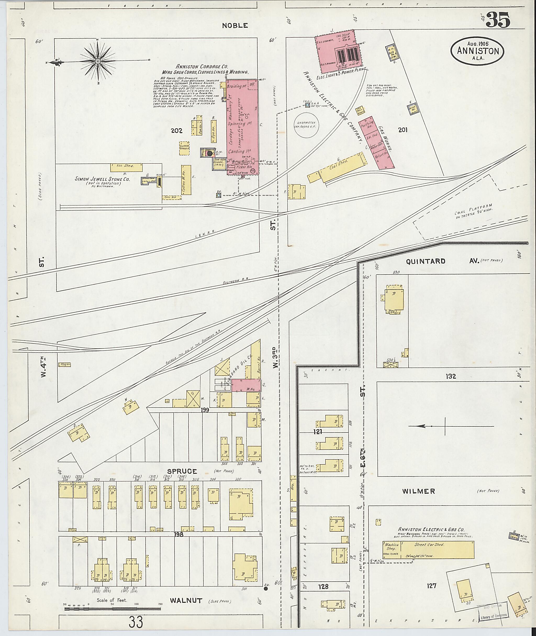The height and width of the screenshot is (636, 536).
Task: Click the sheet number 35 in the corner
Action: [x=498, y=21]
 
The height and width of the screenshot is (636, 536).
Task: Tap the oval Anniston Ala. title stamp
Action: [x=477, y=51]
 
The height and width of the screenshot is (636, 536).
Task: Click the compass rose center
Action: [x=98, y=61]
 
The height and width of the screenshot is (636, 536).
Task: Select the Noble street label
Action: [x=234, y=26]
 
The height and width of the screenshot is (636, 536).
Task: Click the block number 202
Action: [x=177, y=131]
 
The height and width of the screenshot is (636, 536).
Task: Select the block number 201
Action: [x=403, y=130]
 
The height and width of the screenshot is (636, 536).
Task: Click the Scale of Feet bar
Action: [x=113, y=609]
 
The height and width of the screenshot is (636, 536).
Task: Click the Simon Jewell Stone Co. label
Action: [x=102, y=179]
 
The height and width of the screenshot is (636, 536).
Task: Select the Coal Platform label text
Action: [x=473, y=211]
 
